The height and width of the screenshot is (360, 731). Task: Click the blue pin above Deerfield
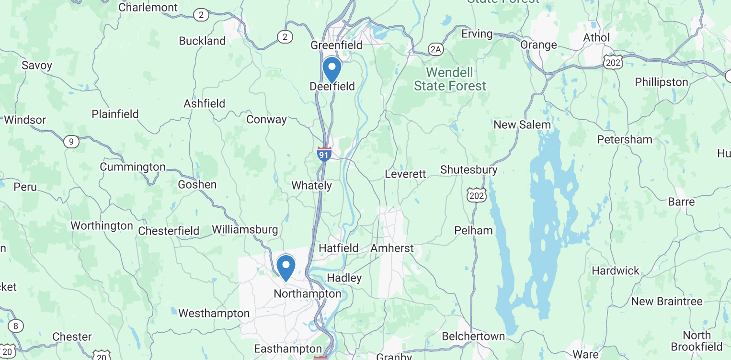(331, 68)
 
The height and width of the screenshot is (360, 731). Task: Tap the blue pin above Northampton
(286, 266)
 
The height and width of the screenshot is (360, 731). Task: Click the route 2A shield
(435, 49)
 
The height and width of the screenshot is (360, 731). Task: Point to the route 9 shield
(71, 141)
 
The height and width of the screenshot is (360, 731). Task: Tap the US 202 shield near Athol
(613, 62)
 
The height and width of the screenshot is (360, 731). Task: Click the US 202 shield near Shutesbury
(477, 194)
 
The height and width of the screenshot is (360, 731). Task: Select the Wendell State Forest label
(450, 79)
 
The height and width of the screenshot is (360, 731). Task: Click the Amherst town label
(392, 248)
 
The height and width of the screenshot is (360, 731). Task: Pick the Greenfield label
(336, 45)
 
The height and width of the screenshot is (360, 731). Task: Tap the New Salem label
(522, 125)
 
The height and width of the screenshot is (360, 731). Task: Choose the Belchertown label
(473, 337)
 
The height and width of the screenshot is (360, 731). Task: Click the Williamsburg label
(245, 229)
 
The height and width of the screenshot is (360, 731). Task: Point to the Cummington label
(133, 167)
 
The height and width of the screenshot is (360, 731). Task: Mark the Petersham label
(624, 139)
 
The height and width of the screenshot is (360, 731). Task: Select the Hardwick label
(616, 270)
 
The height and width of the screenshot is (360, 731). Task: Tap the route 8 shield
(16, 326)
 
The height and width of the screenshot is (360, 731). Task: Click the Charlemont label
(148, 8)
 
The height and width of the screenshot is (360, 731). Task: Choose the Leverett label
(405, 174)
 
